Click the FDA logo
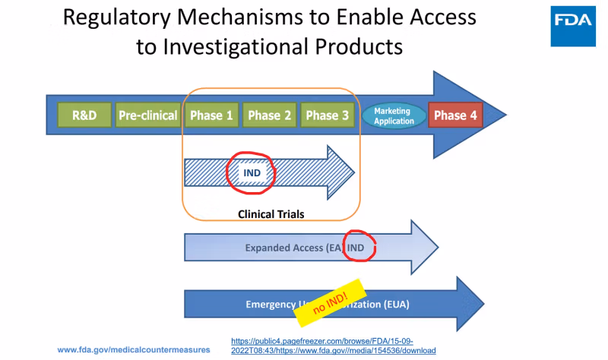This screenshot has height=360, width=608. click(x=575, y=21)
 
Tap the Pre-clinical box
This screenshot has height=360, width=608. click(x=147, y=115)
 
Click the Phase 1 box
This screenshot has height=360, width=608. click(x=211, y=115)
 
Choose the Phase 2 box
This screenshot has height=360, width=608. click(x=269, y=115)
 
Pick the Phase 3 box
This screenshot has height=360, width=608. click(x=328, y=115)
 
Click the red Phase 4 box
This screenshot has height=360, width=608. click(x=456, y=115)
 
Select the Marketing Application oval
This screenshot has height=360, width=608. click(x=394, y=115)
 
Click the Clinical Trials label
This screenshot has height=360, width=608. click(x=271, y=214)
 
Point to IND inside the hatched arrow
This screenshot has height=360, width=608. click(x=252, y=173)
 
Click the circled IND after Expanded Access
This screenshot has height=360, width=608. click(x=356, y=248)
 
